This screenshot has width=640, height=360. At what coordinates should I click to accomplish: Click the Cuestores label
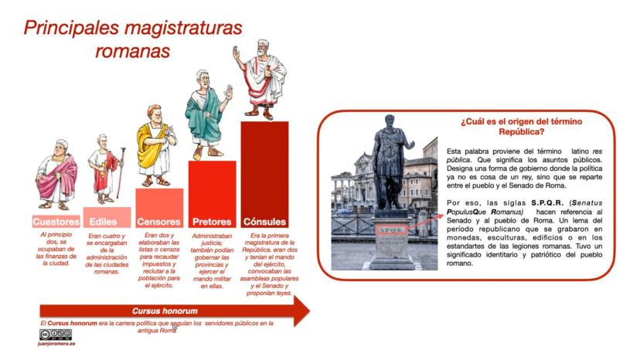click(x=56, y=222)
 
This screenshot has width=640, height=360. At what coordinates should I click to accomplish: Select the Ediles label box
click(x=107, y=217)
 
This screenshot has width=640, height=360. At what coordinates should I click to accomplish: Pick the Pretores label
click(x=212, y=222)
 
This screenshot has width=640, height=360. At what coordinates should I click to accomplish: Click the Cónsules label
click(x=264, y=222)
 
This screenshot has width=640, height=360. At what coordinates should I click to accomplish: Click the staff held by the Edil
click(x=121, y=173)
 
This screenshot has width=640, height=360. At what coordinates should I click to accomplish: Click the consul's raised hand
click(x=236, y=53)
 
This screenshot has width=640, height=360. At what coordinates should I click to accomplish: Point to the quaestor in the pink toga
click(x=56, y=175)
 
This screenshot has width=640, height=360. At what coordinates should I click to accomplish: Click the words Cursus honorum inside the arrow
click(x=165, y=311)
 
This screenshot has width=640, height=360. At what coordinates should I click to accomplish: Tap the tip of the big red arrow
click(x=310, y=311)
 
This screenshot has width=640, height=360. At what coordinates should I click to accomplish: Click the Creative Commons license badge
click(x=56, y=335)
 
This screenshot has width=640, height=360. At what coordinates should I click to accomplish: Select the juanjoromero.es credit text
click(x=56, y=344)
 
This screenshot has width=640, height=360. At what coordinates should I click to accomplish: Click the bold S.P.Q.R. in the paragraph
click(x=547, y=203)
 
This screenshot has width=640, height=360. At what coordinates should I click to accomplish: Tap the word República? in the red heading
click(x=522, y=132)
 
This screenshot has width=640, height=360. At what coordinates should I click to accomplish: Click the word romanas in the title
click(x=133, y=52)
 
